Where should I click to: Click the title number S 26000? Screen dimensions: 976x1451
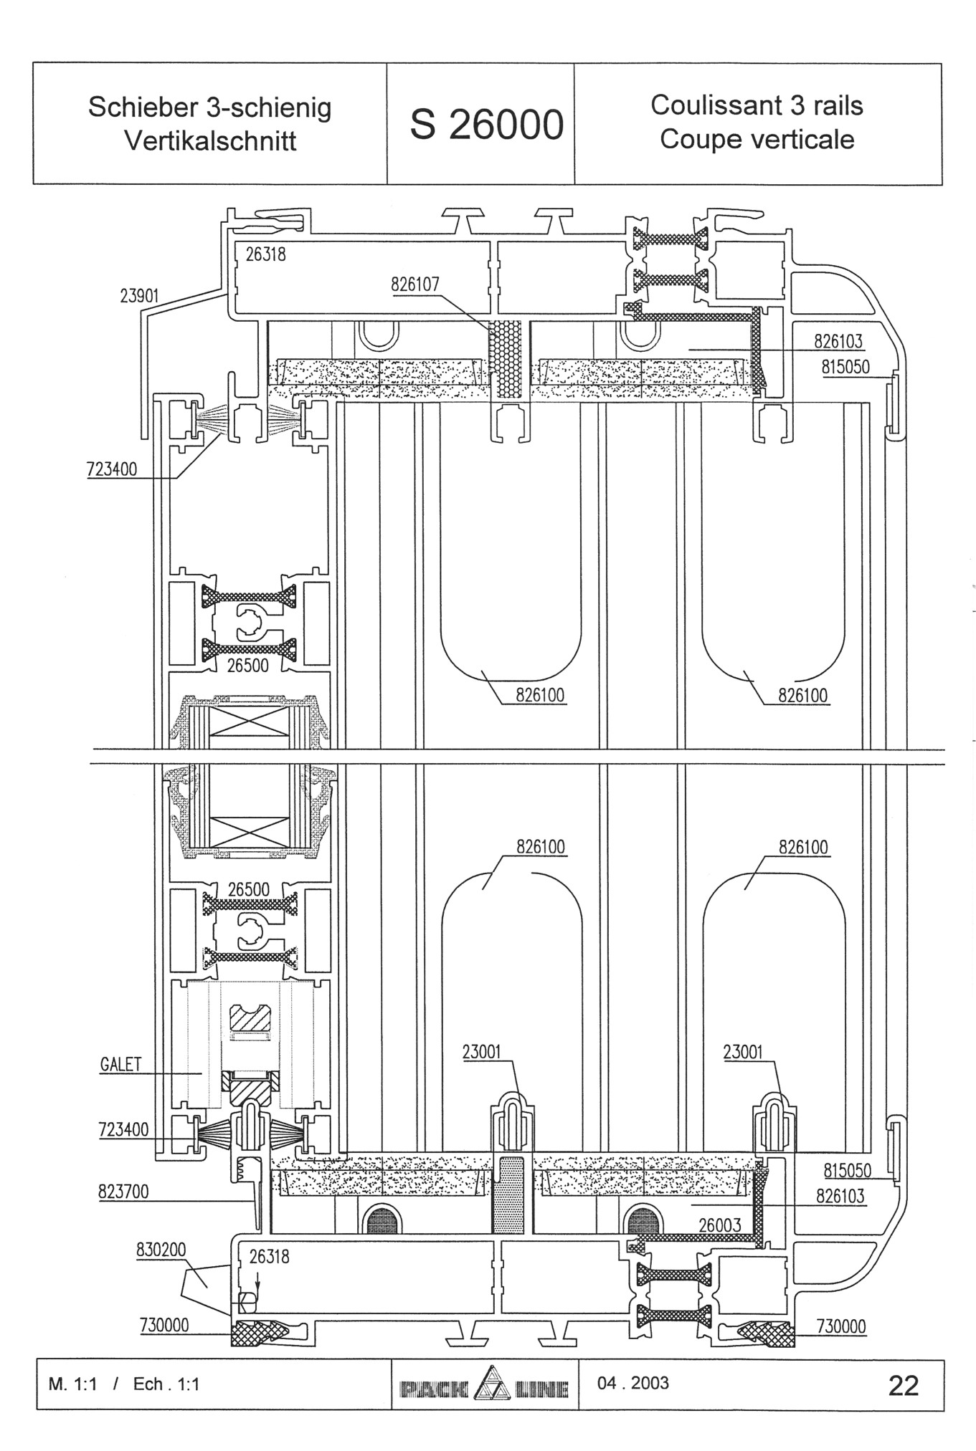[x=487, y=125]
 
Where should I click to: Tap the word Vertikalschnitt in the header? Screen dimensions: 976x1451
[x=210, y=140]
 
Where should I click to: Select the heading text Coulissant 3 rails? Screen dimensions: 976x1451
[x=757, y=105]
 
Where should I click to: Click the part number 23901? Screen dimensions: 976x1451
[x=139, y=296]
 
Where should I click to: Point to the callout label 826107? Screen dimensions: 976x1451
[x=415, y=284]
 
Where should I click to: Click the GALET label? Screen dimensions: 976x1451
[x=120, y=1065]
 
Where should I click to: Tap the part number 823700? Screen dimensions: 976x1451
[x=123, y=1191]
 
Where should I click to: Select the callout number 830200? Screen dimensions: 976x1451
[x=161, y=1250]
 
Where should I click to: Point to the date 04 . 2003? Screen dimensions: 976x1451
[x=633, y=1383]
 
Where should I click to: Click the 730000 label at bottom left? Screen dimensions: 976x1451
[x=164, y=1326]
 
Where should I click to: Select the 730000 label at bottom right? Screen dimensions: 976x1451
[x=841, y=1327]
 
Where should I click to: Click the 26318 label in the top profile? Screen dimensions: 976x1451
[x=265, y=254]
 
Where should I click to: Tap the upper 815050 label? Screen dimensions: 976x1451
[x=845, y=368]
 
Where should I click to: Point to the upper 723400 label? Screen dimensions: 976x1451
[x=112, y=470]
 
